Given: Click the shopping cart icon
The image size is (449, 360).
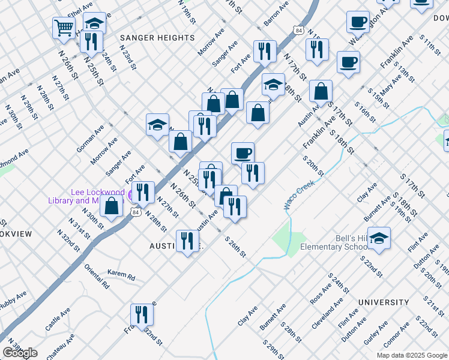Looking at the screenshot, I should [x=63, y=27].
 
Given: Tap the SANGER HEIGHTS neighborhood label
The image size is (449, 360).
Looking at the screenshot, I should [x=157, y=38].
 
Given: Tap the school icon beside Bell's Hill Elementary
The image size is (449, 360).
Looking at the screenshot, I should [x=379, y=238].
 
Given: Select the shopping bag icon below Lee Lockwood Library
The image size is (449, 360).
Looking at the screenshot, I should [x=112, y=205].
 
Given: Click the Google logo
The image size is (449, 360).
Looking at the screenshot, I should [x=20, y=352].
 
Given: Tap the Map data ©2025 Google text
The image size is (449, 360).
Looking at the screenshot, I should [x=411, y=355].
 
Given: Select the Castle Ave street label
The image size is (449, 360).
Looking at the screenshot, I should [x=58, y=320].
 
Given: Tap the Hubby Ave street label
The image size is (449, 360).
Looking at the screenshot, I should [x=13, y=301].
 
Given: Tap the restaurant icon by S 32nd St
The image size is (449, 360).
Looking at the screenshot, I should [x=142, y=313].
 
